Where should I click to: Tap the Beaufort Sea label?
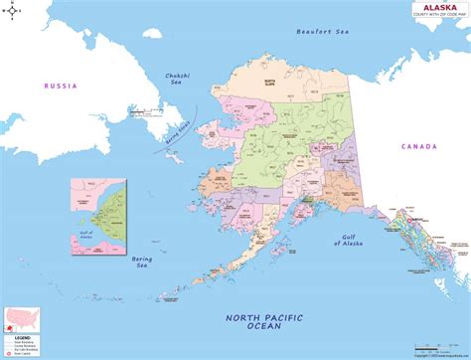pos(323,33)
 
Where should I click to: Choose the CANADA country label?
pos(418,146)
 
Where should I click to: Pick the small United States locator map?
pos(22,335)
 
